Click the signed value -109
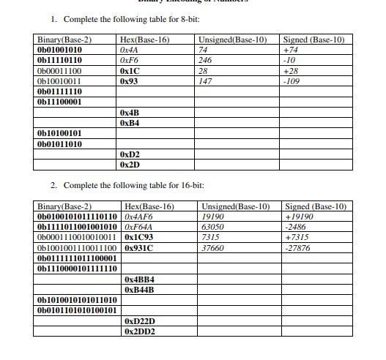click(292, 81)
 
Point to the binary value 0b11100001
click(59, 102)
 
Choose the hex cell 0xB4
click(129, 124)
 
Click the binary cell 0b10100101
click(59, 135)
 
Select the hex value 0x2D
click(129, 166)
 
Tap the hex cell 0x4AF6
click(139, 217)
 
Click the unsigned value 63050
click(212, 228)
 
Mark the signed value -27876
click(297, 248)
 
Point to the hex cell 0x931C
click(140, 248)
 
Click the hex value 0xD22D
click(140, 321)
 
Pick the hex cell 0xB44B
click(140, 290)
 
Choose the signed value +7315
click(297, 238)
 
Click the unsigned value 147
click(205, 81)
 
